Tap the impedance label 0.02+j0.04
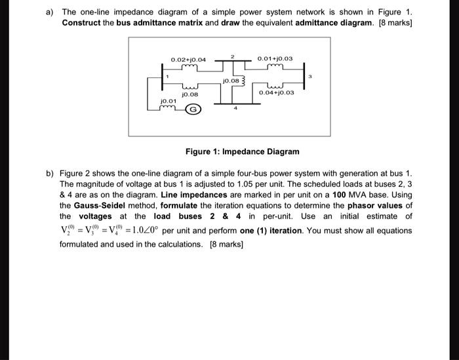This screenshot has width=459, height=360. (188, 60)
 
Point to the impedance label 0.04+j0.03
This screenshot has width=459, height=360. (276, 92)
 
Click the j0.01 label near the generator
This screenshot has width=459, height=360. (169, 101)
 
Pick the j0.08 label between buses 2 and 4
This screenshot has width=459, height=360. (231, 82)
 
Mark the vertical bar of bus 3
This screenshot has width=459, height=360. (304, 77)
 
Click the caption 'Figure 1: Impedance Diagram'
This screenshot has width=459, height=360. (242, 151)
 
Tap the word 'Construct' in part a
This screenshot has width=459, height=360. (83, 22)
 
